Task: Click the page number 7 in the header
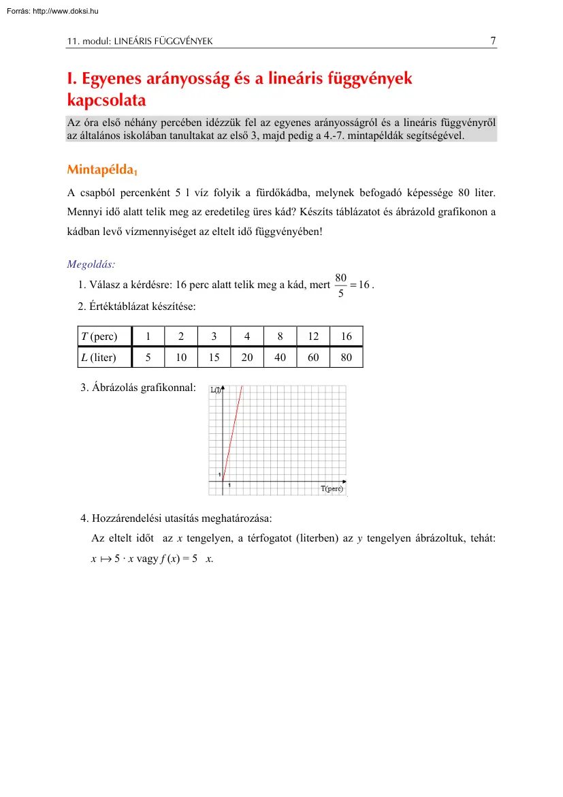[493, 40]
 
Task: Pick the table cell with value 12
[313, 336]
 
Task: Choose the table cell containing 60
[313, 357]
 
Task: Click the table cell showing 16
[347, 336]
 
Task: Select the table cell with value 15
[214, 357]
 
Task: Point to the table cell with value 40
[280, 357]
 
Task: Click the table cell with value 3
[214, 336]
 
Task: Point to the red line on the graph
[231, 436]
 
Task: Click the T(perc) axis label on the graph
[332, 488]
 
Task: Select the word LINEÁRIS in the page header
[134, 42]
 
